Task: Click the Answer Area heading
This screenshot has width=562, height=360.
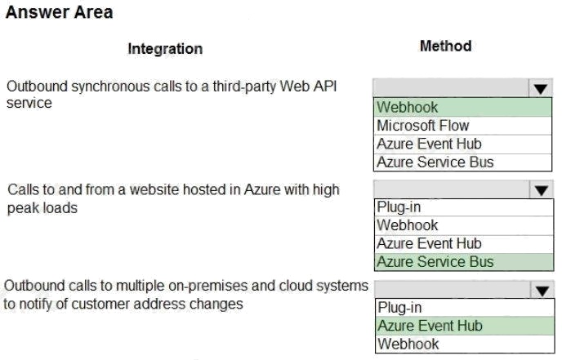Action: [x=59, y=12]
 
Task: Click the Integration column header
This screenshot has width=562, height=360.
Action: [x=165, y=49]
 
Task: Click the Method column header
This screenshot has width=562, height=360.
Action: [x=445, y=46]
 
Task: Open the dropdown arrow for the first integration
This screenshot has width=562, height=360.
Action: [x=540, y=88]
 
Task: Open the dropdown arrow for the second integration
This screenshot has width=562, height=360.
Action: [x=542, y=189]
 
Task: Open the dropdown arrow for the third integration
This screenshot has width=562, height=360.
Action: [x=542, y=290]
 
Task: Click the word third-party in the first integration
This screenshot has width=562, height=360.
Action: [x=245, y=87]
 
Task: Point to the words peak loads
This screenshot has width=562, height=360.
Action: [x=42, y=208]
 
